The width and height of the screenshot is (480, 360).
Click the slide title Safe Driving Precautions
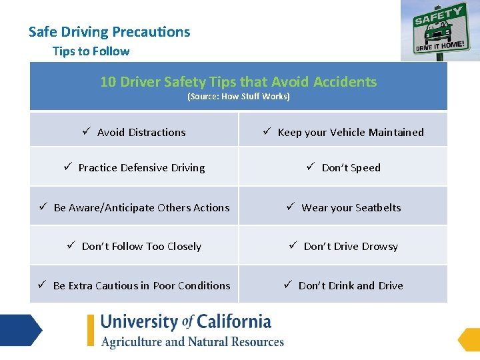pos(109,32)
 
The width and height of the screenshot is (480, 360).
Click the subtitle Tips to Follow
pos(91,51)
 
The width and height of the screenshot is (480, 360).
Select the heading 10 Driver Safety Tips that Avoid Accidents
pos(238,82)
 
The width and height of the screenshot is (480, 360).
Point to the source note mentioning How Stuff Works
pos(238,97)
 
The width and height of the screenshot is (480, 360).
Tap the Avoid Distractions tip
pos(141,133)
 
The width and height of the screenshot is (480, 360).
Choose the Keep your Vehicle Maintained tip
pos(351,133)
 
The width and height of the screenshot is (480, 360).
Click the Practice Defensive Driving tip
pos(141,168)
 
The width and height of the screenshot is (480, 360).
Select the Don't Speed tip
pos(351,168)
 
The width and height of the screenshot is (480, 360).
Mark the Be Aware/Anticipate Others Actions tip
pos(141,207)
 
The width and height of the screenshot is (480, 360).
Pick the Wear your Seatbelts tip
pos(351,207)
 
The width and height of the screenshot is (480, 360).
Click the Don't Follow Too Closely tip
pos(141,247)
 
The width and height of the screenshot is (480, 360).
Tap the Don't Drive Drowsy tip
pos(351,247)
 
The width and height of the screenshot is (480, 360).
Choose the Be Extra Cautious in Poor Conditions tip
pos(141,286)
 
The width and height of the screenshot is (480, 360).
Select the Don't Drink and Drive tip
pos(351,286)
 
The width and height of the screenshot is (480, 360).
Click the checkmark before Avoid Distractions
pos(87,132)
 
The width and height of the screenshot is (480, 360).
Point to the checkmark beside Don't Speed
pos(311,167)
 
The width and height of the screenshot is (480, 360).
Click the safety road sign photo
pos(440,30)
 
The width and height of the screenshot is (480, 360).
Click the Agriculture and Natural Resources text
pos(193,342)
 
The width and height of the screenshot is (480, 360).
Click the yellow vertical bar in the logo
pos(91,330)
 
